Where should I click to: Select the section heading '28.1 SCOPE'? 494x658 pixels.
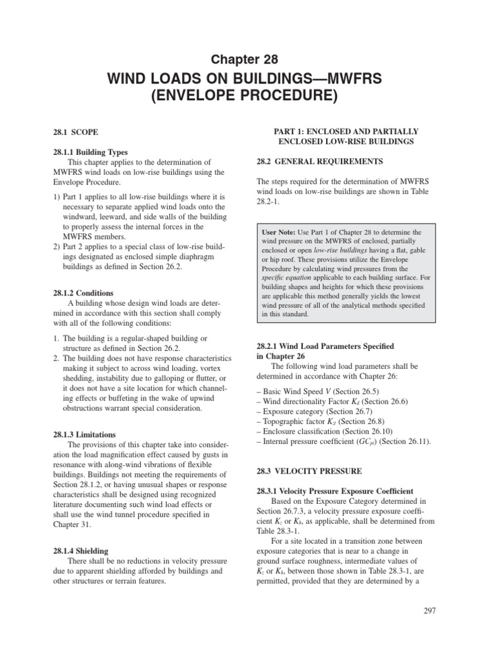pos(75,132)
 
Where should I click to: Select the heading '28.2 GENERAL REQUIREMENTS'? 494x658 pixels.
pos(320,161)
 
